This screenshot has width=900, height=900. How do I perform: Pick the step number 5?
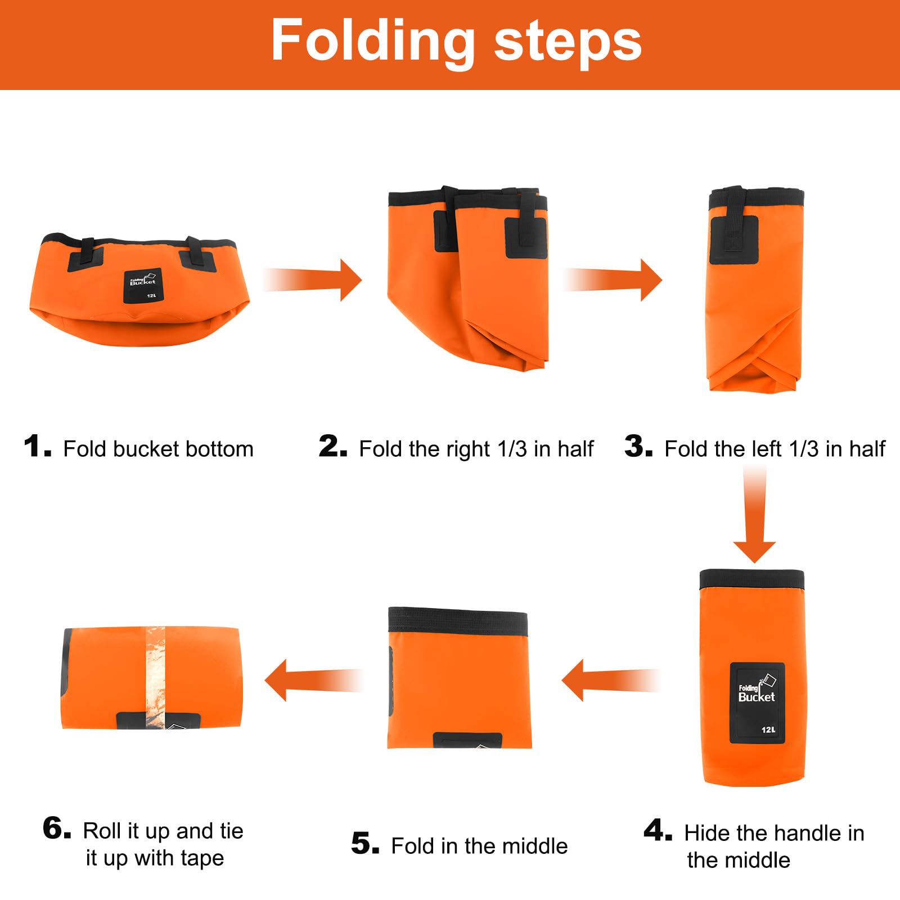(x=366, y=844)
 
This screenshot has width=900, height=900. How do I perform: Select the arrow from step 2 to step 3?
(x=613, y=280)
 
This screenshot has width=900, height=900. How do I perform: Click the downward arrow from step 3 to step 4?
(x=754, y=515)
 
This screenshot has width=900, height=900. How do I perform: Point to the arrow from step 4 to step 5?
(x=610, y=680)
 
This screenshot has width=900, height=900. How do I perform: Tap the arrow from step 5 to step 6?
(x=314, y=680)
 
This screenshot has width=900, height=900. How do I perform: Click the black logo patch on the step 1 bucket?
(x=143, y=286)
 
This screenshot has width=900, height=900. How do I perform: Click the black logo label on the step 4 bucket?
(x=757, y=703)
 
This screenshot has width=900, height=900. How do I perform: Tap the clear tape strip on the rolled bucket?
(x=155, y=677)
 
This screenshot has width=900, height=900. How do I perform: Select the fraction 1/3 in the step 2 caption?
(x=512, y=449)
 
